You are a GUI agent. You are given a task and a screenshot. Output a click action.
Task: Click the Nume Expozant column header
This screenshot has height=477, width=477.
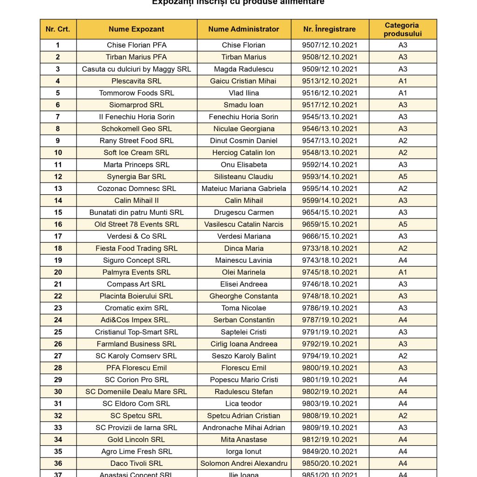click(x=136, y=29)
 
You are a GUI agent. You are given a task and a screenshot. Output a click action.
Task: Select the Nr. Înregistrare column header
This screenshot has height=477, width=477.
click(x=329, y=29)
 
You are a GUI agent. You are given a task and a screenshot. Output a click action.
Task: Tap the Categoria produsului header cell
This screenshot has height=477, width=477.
click(x=402, y=29)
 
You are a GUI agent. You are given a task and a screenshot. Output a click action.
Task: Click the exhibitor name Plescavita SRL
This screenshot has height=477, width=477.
click(x=136, y=81)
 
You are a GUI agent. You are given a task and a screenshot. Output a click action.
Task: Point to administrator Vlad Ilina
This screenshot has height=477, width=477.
click(x=244, y=93)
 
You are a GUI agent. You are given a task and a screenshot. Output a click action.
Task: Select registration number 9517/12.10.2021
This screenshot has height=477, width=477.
click(x=329, y=105)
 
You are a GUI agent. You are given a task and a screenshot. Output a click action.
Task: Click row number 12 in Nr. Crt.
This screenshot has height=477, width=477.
click(x=58, y=177)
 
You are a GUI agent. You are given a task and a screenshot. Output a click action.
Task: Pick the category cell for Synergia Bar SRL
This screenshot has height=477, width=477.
click(x=402, y=177)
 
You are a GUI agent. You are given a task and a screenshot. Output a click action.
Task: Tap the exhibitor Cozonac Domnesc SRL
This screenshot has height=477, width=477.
click(x=136, y=189)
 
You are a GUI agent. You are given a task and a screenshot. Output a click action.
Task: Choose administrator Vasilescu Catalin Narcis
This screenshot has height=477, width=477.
click(x=244, y=224)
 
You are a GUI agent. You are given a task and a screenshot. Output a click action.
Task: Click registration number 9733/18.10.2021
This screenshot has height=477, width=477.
click(x=329, y=248)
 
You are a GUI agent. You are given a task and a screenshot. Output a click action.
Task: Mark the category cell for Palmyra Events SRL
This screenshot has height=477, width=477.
click(x=402, y=272)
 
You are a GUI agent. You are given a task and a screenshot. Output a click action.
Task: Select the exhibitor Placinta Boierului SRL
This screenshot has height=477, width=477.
click(x=136, y=296)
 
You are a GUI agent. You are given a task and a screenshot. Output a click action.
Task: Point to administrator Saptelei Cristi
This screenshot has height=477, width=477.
click(x=244, y=332)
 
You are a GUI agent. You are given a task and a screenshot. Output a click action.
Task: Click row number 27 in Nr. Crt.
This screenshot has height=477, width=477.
click(x=58, y=356)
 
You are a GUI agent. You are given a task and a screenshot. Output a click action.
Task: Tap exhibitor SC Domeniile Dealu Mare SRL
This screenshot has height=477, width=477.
click(x=136, y=392)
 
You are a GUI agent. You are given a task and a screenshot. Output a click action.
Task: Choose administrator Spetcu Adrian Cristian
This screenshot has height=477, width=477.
click(x=244, y=416)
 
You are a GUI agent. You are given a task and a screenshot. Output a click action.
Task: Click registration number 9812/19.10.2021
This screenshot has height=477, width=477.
click(x=329, y=439)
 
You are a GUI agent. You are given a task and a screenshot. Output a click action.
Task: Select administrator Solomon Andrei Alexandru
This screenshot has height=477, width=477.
click(x=244, y=463)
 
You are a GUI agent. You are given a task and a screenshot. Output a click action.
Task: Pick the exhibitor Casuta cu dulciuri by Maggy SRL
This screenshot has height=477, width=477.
click(x=136, y=69)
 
